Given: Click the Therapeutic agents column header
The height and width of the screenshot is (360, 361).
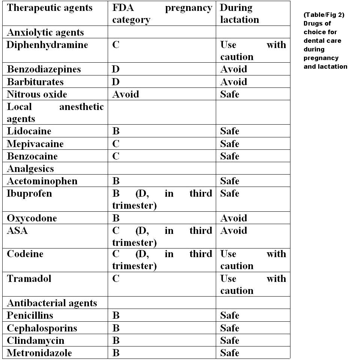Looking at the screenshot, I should click(x=50, y=8).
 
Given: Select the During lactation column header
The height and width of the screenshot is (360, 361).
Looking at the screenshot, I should click(x=239, y=14).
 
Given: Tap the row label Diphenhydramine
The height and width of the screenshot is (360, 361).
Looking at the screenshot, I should click(x=47, y=45).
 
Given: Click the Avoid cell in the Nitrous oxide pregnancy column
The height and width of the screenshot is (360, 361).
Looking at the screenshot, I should click(x=125, y=94).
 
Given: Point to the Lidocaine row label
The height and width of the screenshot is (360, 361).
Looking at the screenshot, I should click(x=29, y=131).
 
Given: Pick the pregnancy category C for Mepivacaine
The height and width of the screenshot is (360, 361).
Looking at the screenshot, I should click(x=116, y=144).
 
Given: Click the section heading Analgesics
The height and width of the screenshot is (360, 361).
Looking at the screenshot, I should click(x=30, y=169).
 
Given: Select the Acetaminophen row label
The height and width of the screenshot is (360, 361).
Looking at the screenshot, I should click(x=42, y=181).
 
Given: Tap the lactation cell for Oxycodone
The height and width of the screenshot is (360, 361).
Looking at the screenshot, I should click(x=233, y=218).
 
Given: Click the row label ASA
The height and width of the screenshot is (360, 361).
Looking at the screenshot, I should click(x=17, y=230).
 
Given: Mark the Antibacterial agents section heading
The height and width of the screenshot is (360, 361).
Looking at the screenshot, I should click(x=52, y=303).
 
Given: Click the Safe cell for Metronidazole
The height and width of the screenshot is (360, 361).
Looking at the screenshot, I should click(x=230, y=352).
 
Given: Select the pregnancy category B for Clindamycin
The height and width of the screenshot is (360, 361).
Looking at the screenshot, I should click(x=116, y=340).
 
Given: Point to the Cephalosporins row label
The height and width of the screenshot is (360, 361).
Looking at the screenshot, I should click(x=42, y=328).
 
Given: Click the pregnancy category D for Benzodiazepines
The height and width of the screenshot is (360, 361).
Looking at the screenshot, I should click(x=116, y=69).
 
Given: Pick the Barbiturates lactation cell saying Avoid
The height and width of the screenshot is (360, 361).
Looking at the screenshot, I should click(x=233, y=82).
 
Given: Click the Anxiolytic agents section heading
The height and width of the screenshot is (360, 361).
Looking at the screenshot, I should click(x=45, y=32).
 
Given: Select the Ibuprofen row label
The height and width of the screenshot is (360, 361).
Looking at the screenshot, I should click(x=29, y=194).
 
